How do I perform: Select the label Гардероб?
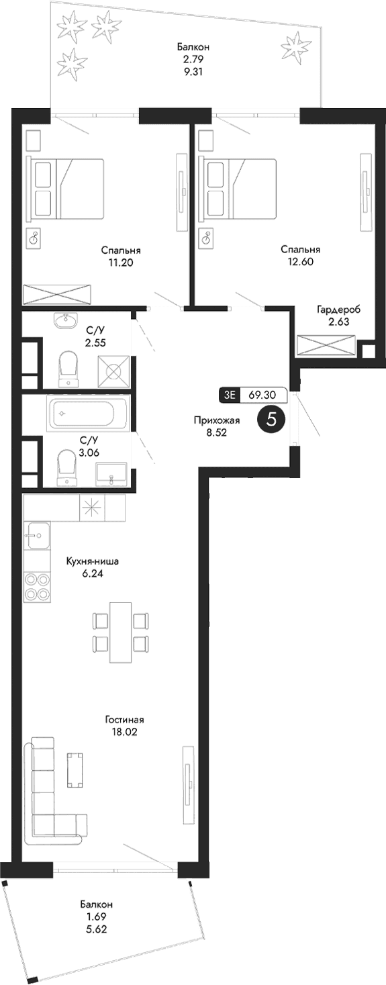click(338, 310)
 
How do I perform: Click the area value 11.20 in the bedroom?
click(122, 263)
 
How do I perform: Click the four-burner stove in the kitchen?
click(37, 586)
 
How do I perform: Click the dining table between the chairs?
click(121, 632)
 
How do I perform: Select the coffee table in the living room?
click(75, 769)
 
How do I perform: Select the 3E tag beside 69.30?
click(230, 395)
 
